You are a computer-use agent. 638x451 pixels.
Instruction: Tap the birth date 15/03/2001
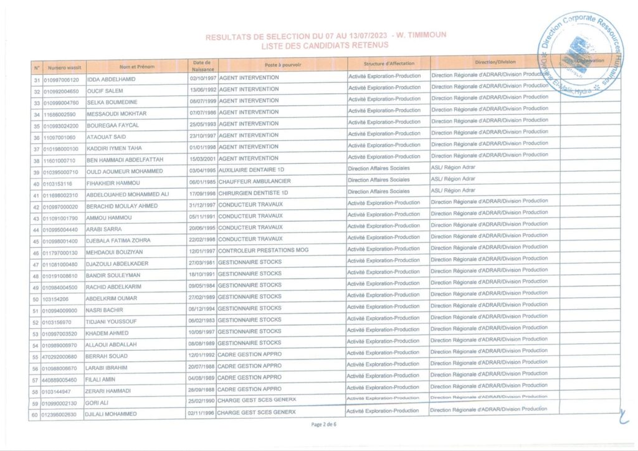(202, 159)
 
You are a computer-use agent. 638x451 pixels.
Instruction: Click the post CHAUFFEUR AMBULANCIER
(255, 182)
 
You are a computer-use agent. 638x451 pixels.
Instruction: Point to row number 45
(36, 241)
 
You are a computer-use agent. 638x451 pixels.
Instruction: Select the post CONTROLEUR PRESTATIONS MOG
(263, 250)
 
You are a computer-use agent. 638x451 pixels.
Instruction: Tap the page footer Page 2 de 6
(323, 424)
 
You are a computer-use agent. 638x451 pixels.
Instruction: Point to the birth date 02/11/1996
(201, 412)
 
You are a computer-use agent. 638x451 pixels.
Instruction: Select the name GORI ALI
(98, 403)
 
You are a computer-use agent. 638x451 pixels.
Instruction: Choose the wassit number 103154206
(55, 299)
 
